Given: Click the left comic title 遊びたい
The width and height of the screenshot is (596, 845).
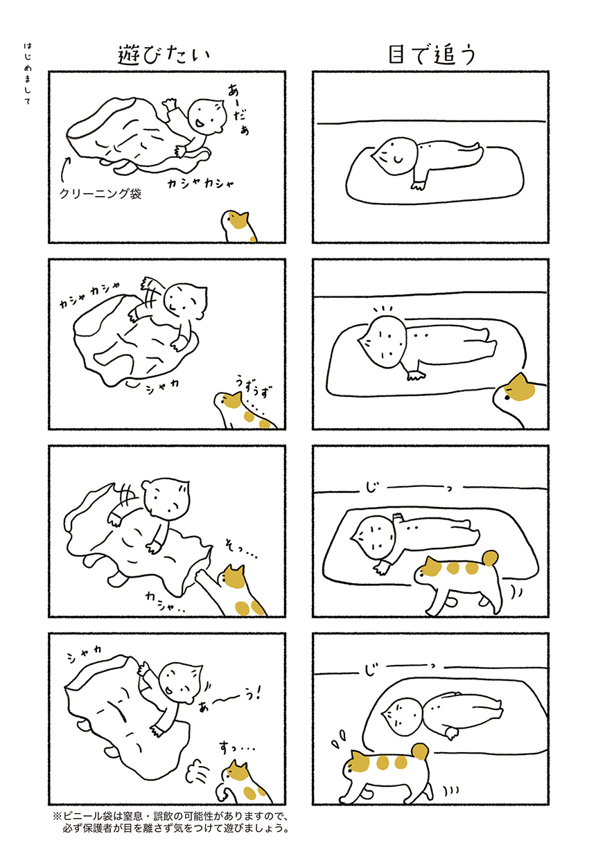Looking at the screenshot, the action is [164, 55].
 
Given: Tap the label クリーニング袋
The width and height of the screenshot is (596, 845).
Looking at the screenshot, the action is [100, 193].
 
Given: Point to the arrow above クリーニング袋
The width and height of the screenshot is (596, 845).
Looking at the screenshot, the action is [65, 169].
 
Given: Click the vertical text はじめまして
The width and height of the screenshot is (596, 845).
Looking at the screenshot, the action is [28, 73].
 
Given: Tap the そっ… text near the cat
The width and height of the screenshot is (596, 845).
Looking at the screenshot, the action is [241, 552].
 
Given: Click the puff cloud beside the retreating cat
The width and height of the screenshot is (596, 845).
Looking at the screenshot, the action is [197, 767].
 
